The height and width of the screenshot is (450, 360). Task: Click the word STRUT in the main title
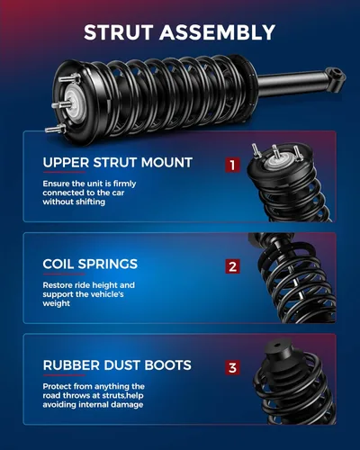point(119,32)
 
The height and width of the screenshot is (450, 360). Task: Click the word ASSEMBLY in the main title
point(217,32)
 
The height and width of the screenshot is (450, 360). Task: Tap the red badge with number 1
point(232,165)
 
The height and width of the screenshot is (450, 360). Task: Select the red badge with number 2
point(232,266)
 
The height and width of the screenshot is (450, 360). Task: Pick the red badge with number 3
point(232,367)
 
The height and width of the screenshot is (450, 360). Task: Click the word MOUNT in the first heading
point(166,163)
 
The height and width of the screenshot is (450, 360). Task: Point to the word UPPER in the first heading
point(66,163)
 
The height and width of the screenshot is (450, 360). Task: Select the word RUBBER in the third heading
point(71,365)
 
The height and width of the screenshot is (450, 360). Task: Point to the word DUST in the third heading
point(122,365)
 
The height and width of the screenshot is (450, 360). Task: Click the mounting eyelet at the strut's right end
point(336,73)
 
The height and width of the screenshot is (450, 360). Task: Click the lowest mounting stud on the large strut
point(56,129)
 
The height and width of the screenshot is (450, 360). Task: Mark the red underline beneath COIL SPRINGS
point(64,274)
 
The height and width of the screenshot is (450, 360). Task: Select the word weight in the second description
point(57,303)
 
